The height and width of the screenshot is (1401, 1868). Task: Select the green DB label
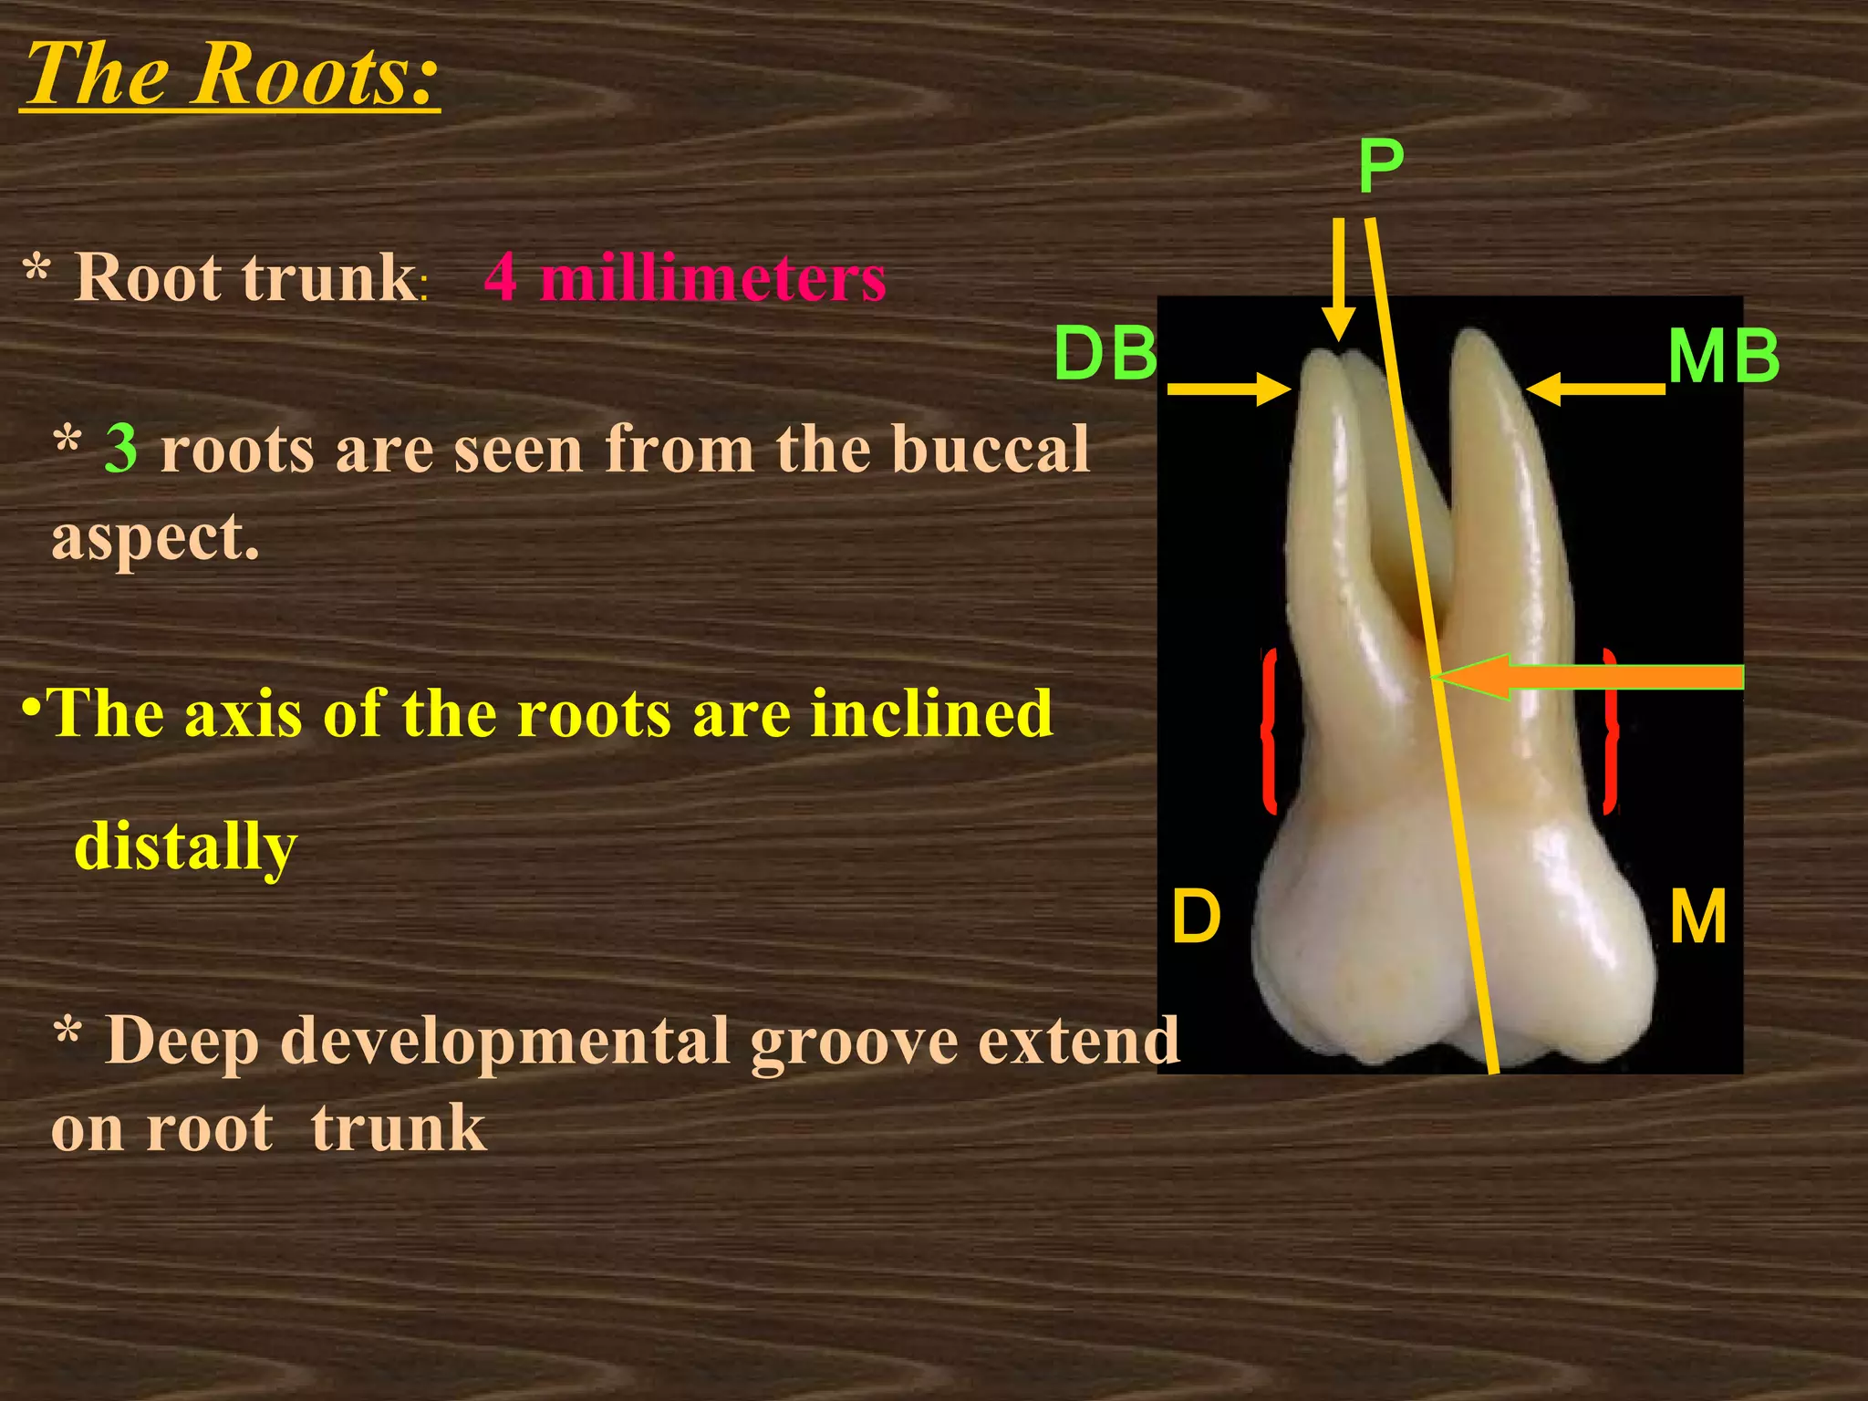[1105, 354]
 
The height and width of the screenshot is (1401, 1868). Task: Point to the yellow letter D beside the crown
[1196, 916]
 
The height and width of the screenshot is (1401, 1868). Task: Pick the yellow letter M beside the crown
[1698, 917]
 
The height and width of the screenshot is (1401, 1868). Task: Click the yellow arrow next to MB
[1594, 389]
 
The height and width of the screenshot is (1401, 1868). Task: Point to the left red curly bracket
[1268, 730]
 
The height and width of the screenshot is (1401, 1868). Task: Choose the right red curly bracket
[1611, 730]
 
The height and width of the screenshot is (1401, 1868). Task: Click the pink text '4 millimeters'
[685, 277]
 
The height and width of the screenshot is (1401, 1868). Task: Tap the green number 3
[121, 448]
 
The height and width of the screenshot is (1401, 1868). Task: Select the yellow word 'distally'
[185, 846]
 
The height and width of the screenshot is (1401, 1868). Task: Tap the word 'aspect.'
[155, 537]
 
